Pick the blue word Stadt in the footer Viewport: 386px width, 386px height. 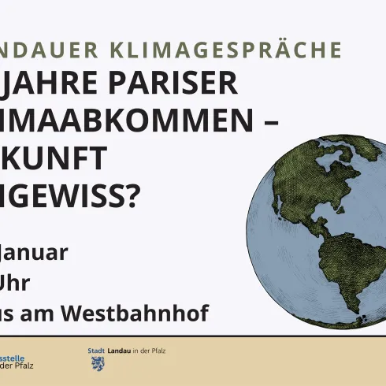pyautogui.click(x=96, y=350)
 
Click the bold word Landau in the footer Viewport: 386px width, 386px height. pyautogui.click(x=119, y=350)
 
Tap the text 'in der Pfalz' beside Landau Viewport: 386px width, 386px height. pyautogui.click(x=150, y=350)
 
